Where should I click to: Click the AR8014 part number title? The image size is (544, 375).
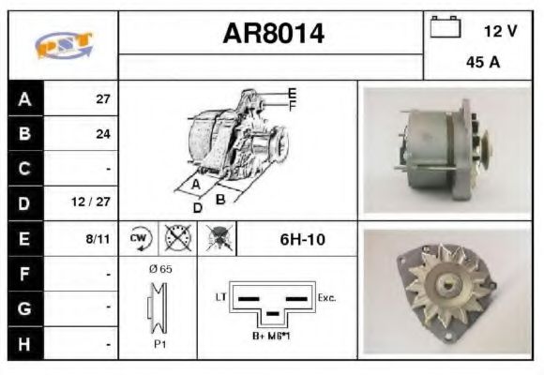(273, 35)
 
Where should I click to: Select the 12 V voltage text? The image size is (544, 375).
(500, 31)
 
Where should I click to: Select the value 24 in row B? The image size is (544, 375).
(103, 134)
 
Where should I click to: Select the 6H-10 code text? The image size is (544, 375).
(302, 239)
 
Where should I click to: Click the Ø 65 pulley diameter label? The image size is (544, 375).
(159, 269)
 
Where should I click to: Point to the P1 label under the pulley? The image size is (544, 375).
(159, 344)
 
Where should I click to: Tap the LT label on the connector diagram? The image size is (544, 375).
(222, 297)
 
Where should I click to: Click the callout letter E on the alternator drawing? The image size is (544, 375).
(292, 92)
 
